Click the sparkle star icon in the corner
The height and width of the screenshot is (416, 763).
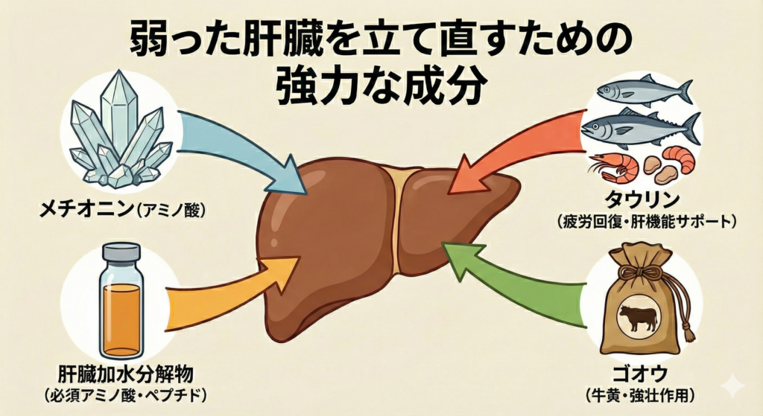click(x=733, y=386)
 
